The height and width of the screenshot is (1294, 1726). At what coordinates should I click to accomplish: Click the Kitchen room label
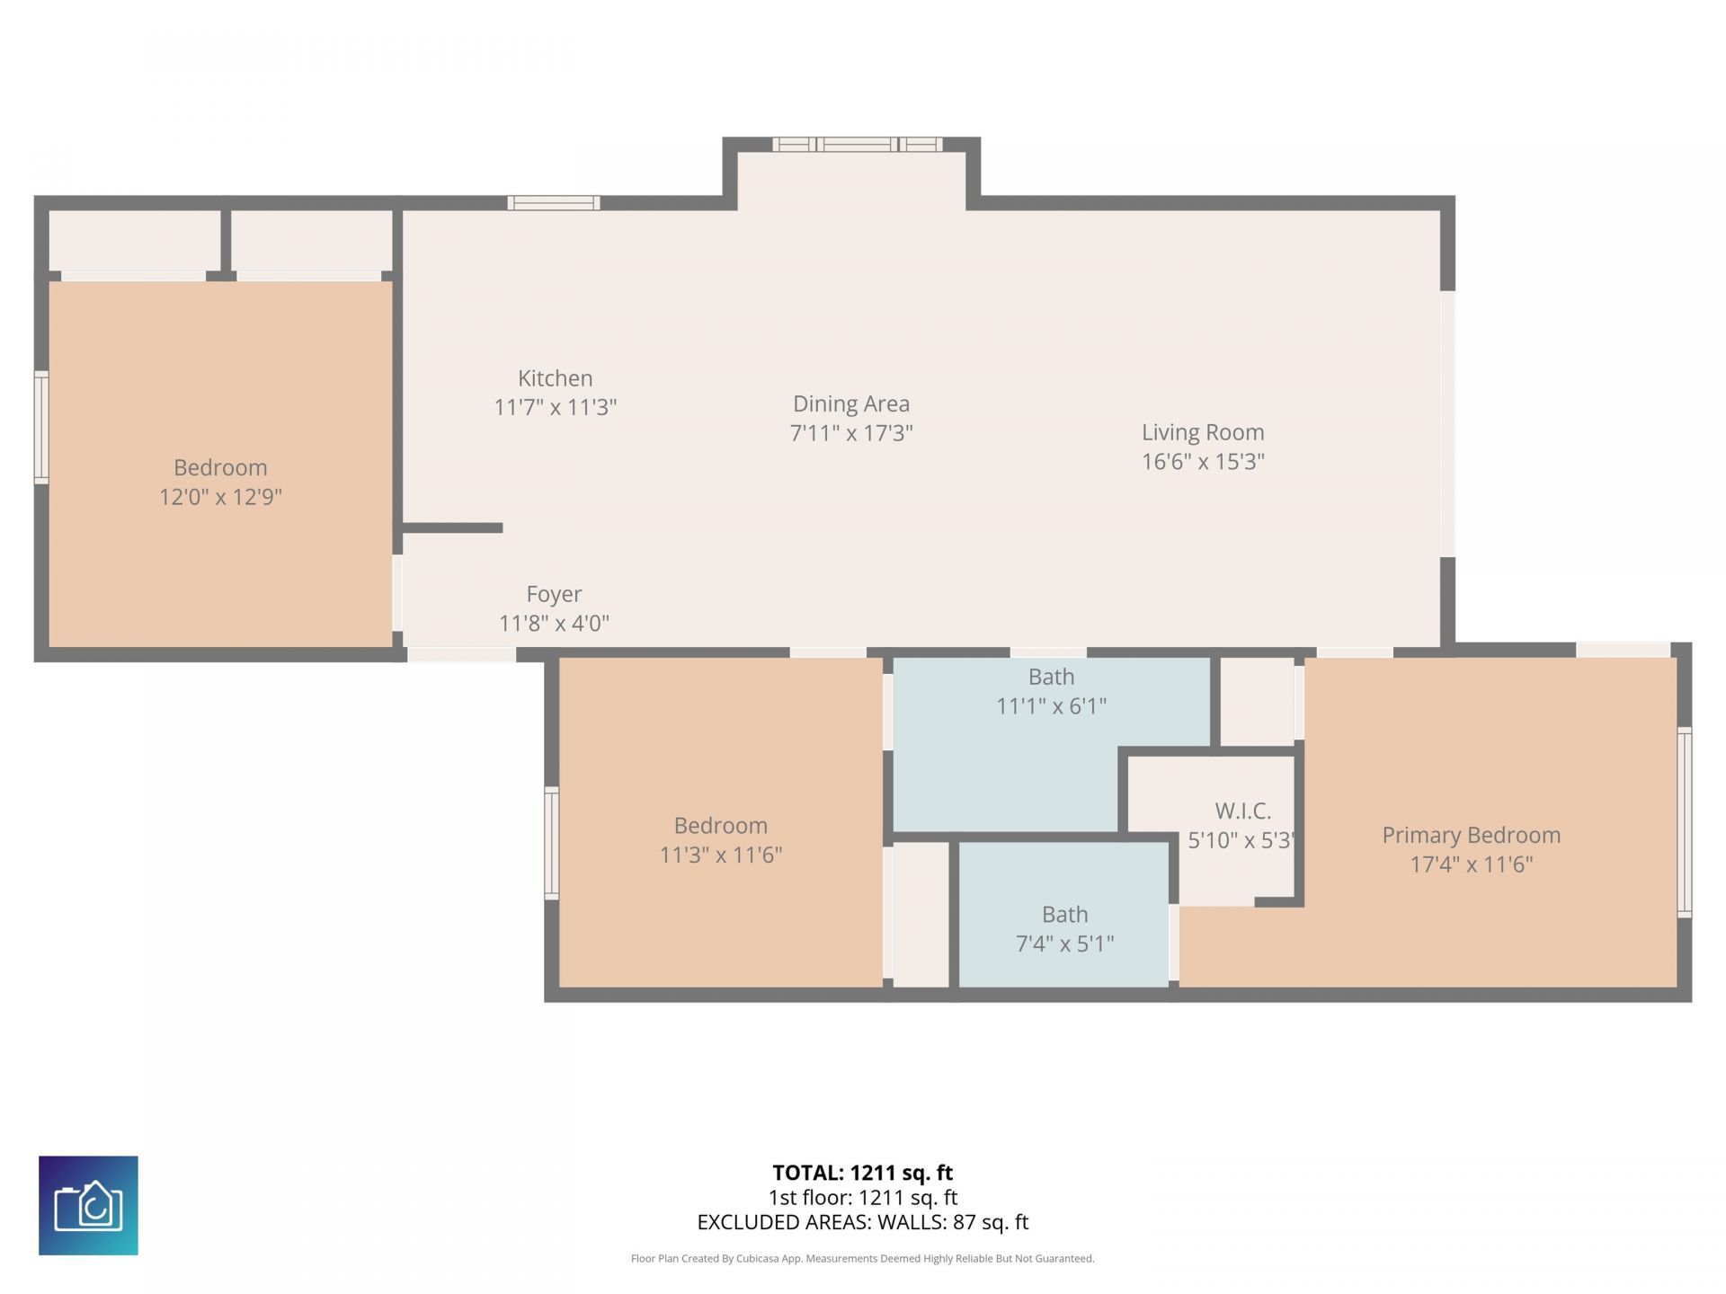pos(555,378)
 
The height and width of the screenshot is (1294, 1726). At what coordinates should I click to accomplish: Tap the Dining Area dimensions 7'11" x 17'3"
pos(850,433)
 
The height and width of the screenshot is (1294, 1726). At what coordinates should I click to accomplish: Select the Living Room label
pos(1202,432)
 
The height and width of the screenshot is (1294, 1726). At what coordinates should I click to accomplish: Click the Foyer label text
pos(554,594)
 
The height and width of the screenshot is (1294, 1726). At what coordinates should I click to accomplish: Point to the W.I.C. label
pos(1242,811)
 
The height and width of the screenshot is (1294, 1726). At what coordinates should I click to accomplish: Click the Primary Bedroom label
pos(1471,835)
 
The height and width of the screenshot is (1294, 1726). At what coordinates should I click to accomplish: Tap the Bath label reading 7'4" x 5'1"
pos(1064,944)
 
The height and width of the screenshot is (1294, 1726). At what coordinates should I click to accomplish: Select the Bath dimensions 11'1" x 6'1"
pos(1051,706)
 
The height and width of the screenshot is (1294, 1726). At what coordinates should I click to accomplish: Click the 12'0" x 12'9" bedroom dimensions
pos(220,497)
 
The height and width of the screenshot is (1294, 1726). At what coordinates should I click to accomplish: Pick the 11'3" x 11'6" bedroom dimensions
pos(720,855)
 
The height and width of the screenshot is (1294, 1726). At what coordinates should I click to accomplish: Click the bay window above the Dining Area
pos(857,144)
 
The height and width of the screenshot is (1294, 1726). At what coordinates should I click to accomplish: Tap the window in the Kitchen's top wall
pos(553,203)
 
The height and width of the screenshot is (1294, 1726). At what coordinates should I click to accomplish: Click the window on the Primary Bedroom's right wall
pos(1684,822)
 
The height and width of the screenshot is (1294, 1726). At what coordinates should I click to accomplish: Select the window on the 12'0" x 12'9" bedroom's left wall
pos(41,428)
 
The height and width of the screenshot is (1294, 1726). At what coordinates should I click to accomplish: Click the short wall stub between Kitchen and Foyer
pos(452,527)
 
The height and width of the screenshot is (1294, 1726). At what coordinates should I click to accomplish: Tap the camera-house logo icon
pos(88,1205)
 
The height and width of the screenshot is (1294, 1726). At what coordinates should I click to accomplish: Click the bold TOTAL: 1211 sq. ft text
pos(862,1173)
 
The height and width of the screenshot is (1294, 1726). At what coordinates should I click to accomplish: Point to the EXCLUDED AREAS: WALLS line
pos(862,1222)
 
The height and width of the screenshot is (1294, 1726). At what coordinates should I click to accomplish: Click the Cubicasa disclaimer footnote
pos(862,1259)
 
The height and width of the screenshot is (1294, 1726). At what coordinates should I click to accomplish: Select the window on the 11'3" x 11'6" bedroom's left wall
pos(552,843)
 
